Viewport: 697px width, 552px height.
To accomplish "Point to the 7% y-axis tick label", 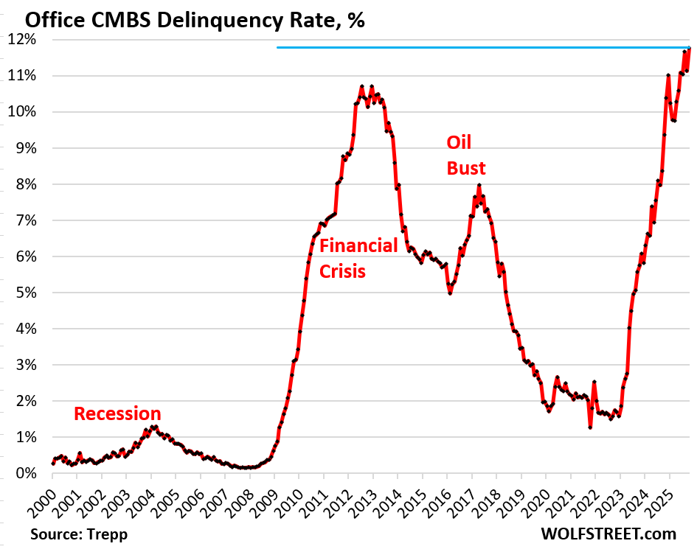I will click(x=21, y=220).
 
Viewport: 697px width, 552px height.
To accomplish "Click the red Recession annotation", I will click(x=117, y=413).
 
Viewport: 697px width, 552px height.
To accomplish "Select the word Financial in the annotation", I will click(x=358, y=245).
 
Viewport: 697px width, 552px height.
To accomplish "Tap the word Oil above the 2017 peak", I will click(x=459, y=142).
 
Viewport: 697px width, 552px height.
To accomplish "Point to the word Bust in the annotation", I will click(x=466, y=169).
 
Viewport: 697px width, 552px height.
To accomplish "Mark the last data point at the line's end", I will click(x=690, y=49).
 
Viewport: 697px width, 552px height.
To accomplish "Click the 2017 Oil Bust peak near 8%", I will click(x=479, y=185).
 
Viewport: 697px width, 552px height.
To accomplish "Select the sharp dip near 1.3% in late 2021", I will click(x=590, y=427).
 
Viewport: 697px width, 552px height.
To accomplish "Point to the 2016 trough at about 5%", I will click(x=450, y=293).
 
